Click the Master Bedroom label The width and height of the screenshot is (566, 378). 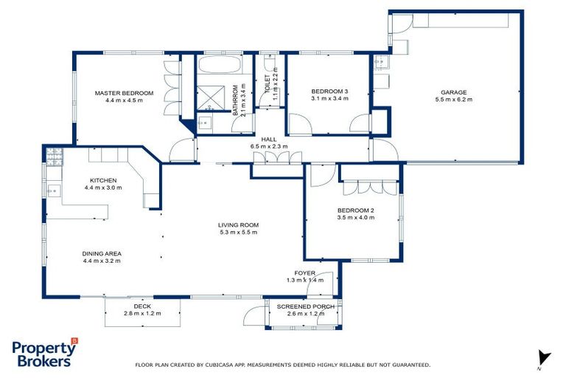point(124,93)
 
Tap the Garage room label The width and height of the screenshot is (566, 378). point(454,92)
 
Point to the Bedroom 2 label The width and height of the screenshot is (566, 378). point(355,210)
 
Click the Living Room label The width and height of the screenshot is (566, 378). point(238,225)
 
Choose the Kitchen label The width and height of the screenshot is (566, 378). point(103,180)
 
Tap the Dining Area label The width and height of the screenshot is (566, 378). point(102,253)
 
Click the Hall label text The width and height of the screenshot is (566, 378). point(268,139)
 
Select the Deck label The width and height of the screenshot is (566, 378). point(142,306)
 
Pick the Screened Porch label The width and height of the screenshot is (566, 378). point(305,306)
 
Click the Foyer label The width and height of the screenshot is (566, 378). point(305,273)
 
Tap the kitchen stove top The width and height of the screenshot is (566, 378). point(54,155)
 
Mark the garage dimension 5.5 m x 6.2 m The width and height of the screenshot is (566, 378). point(454,100)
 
